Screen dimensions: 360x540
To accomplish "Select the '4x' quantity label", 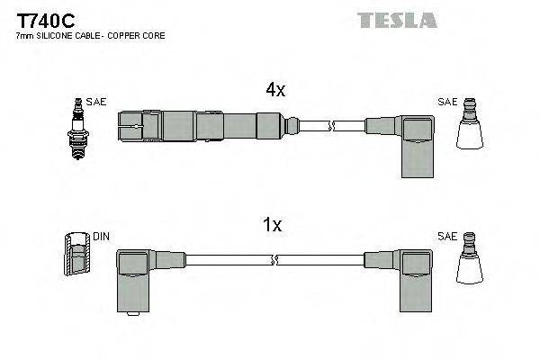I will (274, 90).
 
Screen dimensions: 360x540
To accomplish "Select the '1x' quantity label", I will (273, 226).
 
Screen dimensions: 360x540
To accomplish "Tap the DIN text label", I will (101, 237).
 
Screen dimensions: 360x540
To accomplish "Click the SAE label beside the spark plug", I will (97, 103).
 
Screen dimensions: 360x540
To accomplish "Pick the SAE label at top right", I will (446, 103).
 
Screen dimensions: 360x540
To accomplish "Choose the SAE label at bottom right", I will (446, 237).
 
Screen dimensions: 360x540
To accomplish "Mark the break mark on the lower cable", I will (274, 261).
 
